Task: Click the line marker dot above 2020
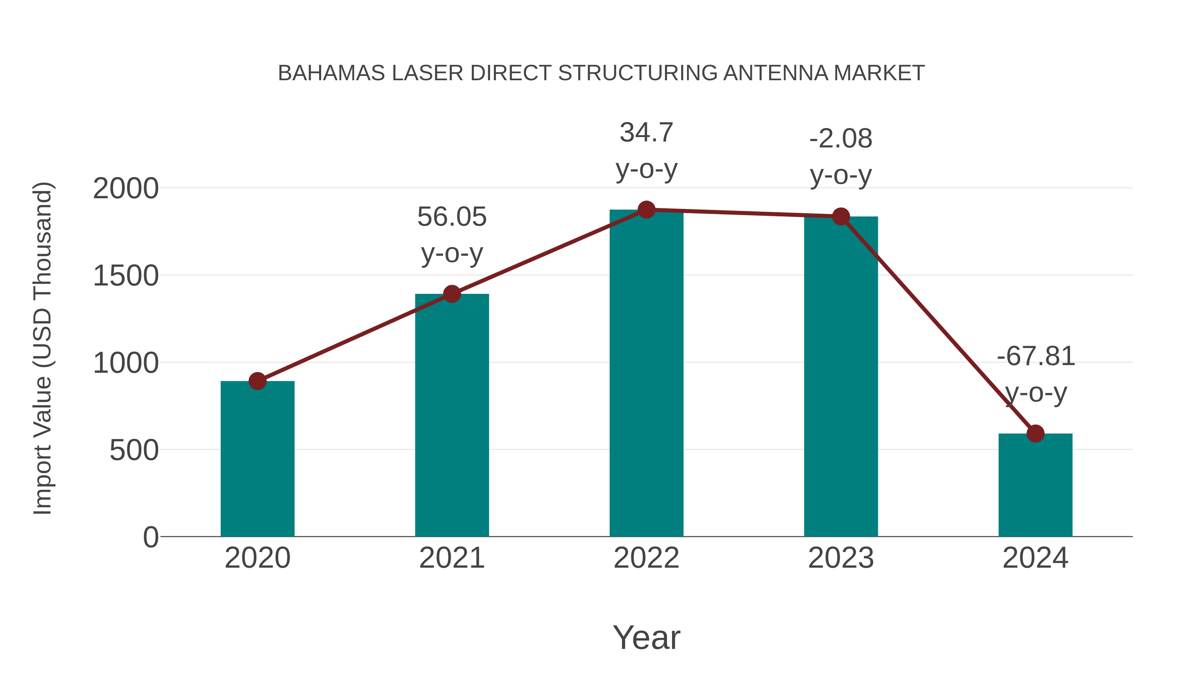pyautogui.click(x=257, y=381)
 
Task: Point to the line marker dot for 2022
pyautogui.click(x=646, y=210)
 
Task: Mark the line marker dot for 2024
pyautogui.click(x=1035, y=434)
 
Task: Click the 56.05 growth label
pyautogui.click(x=451, y=217)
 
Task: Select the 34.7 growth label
pyautogui.click(x=646, y=133)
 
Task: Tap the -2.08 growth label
pyautogui.click(x=841, y=139)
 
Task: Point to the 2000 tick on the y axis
pyautogui.click(x=126, y=189)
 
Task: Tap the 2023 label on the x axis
pyautogui.click(x=841, y=558)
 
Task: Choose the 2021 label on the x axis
pyautogui.click(x=451, y=558)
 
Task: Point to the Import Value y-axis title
pyautogui.click(x=43, y=348)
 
